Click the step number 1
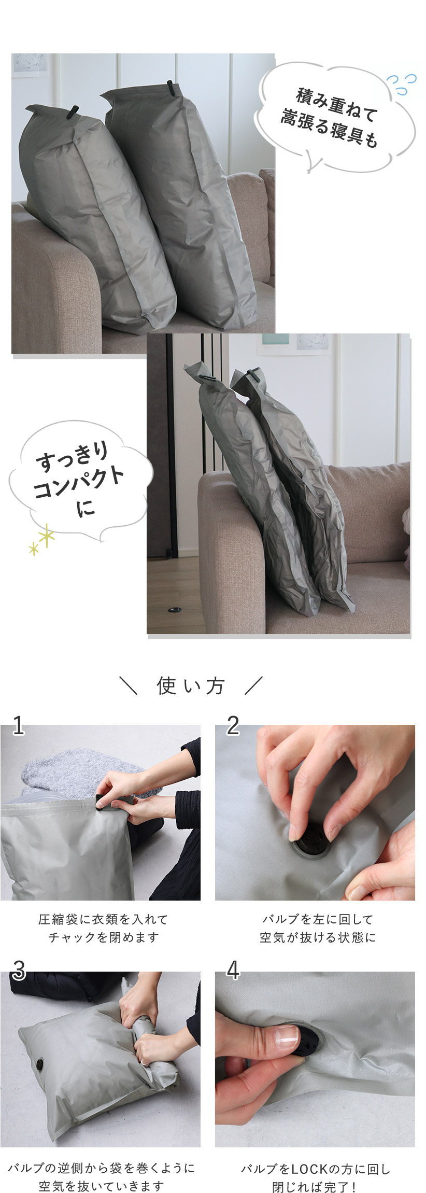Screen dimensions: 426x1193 pos(18,726)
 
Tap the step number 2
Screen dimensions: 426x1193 pos(233,726)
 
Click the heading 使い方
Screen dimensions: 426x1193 pos(190,685)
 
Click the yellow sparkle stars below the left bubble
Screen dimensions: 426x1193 pos(42,539)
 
